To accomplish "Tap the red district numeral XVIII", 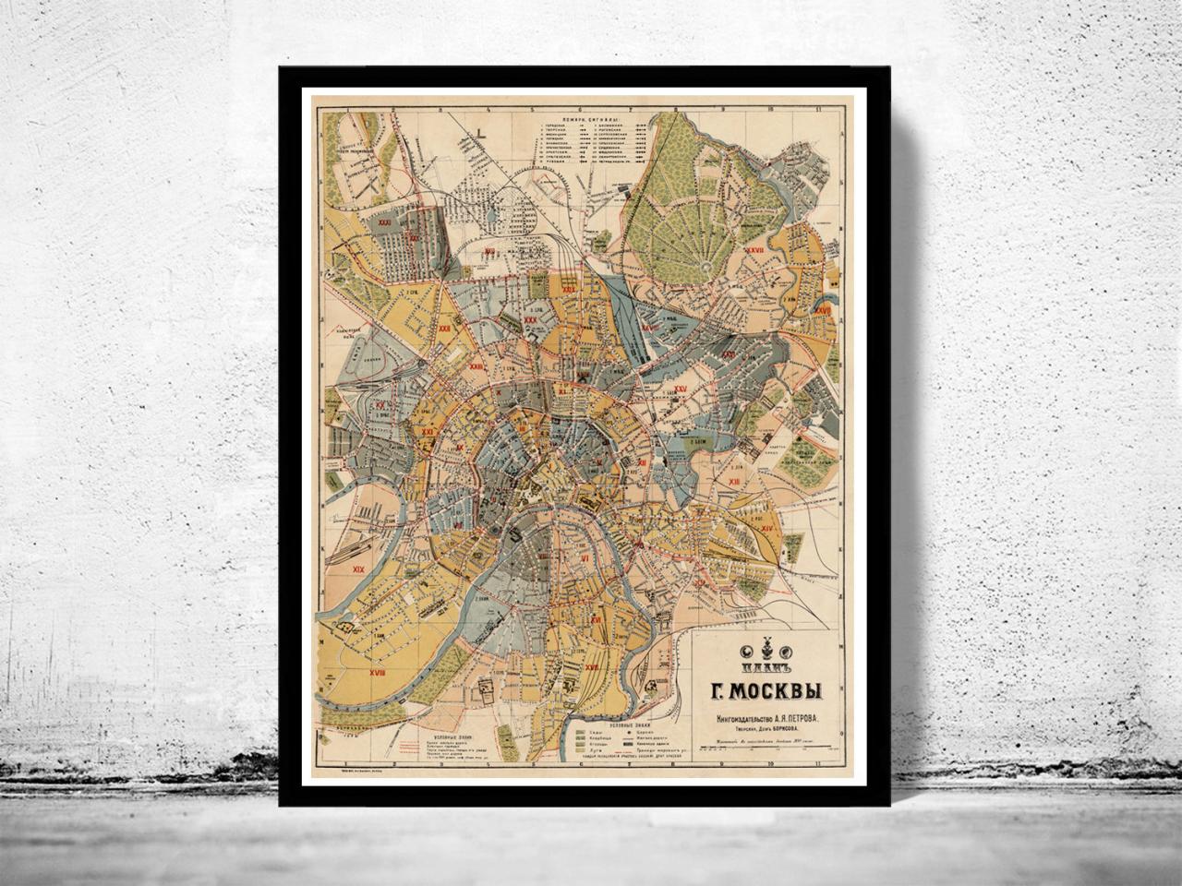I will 351,675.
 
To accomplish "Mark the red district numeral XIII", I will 733,482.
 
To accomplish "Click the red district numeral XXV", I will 681,389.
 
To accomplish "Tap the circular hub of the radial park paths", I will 707,268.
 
